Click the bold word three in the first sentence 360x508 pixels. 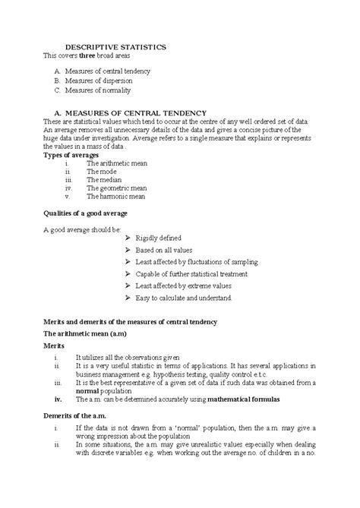[x=90, y=56]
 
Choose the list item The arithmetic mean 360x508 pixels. [x=117, y=163]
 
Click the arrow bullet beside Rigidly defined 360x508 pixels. [x=126, y=238]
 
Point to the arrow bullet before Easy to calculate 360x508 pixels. [x=126, y=298]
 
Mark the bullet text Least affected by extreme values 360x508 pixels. [x=183, y=286]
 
